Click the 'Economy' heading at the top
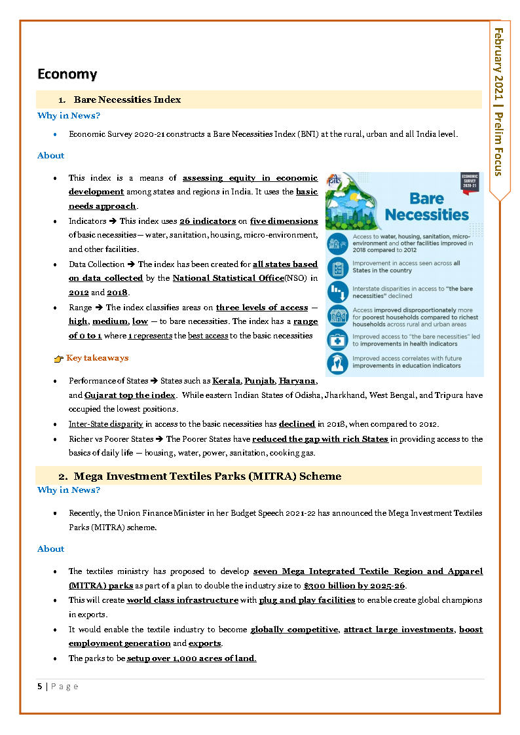(67, 74)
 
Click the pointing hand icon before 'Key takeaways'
(58, 359)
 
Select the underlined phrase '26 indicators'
(208, 221)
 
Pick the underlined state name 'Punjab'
(259, 380)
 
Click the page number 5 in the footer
(40, 686)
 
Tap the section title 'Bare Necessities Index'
(127, 99)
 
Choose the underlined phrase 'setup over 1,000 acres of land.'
(191, 658)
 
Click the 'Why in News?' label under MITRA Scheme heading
(69, 490)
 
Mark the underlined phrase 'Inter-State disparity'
(105, 424)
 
